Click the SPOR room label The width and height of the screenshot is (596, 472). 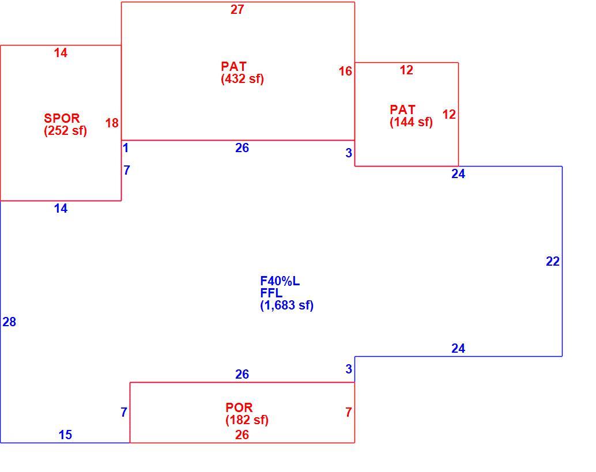62,118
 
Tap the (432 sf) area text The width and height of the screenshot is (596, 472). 243,79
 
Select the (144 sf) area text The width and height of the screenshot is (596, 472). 412,122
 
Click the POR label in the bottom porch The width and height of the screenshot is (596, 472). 239,408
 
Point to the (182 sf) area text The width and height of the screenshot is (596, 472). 247,420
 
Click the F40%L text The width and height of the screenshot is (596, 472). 280,281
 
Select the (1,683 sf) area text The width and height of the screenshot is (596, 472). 287,305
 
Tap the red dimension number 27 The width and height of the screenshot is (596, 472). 237,9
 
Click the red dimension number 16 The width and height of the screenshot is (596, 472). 345,71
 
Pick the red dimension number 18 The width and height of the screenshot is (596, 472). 112,123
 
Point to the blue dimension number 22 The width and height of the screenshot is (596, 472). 553,262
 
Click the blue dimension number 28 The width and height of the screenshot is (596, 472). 9,322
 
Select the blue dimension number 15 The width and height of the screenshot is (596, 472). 65,435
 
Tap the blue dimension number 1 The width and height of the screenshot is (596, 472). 126,148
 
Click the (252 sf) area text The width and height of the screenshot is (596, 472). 65,131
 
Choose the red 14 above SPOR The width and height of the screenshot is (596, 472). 61,53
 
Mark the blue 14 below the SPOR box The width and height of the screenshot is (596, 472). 61,209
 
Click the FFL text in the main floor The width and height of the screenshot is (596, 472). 271,293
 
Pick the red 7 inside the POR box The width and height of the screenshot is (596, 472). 349,412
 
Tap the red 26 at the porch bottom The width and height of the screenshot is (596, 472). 242,435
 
